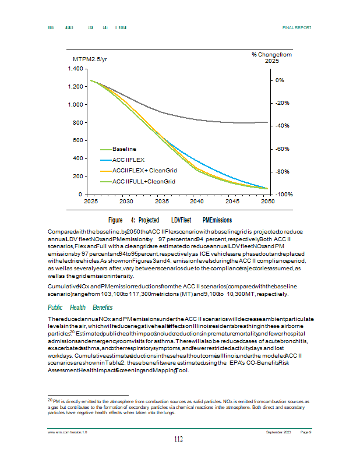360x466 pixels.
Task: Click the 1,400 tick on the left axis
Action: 74,69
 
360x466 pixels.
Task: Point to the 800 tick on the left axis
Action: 76,123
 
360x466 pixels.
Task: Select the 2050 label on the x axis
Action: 267,201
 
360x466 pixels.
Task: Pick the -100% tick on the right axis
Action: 284,194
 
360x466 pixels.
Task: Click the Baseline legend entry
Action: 123,149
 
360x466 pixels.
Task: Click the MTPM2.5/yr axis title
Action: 90,59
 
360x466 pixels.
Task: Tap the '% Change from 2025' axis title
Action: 271,57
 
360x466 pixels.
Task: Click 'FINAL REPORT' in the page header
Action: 297,27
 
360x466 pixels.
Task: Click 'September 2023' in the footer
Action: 278,432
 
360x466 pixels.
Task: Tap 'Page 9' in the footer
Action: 306,432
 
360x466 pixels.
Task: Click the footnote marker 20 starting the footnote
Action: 50,400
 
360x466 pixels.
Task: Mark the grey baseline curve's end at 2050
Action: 267,122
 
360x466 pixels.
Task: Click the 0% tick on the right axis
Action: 280,80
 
